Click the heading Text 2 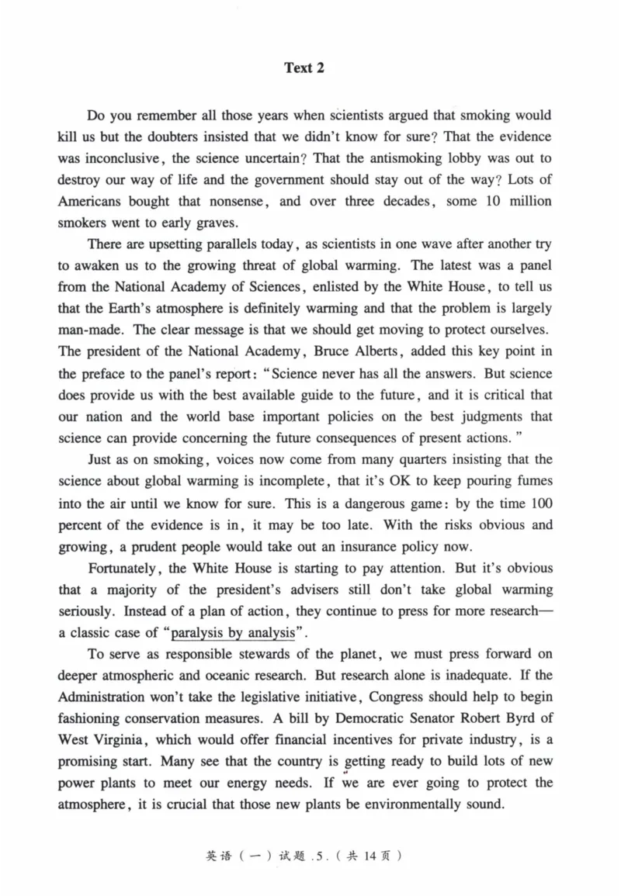coord(304,68)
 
